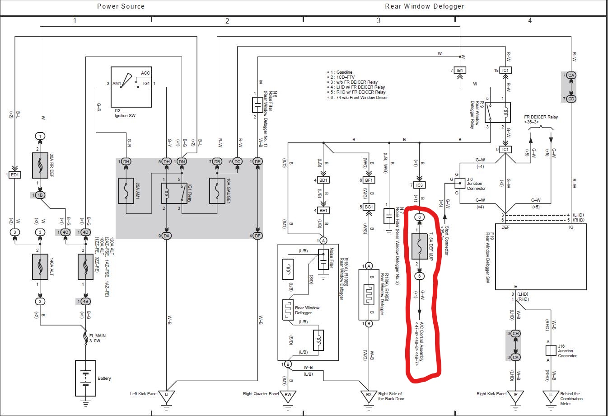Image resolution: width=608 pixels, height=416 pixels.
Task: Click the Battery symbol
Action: point(85,378)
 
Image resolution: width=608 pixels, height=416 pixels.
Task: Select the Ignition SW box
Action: point(131,87)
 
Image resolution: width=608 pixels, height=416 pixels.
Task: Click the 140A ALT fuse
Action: point(40,266)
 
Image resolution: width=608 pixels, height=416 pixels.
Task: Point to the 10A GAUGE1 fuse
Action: point(218,191)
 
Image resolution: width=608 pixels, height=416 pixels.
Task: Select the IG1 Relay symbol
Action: point(174,194)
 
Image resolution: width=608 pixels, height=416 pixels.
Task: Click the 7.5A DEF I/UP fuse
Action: point(420,246)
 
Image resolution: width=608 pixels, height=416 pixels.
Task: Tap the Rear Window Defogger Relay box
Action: point(498,112)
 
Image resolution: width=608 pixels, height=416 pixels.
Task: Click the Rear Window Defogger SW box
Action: point(540,256)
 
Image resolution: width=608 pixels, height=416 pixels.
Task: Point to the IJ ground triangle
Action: point(167,395)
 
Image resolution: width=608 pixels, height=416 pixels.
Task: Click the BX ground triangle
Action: point(369,395)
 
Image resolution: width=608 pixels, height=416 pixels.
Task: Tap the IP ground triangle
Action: point(515,395)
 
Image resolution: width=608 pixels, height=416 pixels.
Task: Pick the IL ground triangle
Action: point(551,395)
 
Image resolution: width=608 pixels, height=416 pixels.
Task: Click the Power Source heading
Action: point(121,6)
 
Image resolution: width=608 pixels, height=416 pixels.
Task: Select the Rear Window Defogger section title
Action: point(425,6)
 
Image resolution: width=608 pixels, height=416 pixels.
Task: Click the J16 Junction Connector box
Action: point(551,350)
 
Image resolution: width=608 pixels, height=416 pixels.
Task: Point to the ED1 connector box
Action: point(15,175)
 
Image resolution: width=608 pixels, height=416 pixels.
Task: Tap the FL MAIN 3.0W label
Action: point(97,338)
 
